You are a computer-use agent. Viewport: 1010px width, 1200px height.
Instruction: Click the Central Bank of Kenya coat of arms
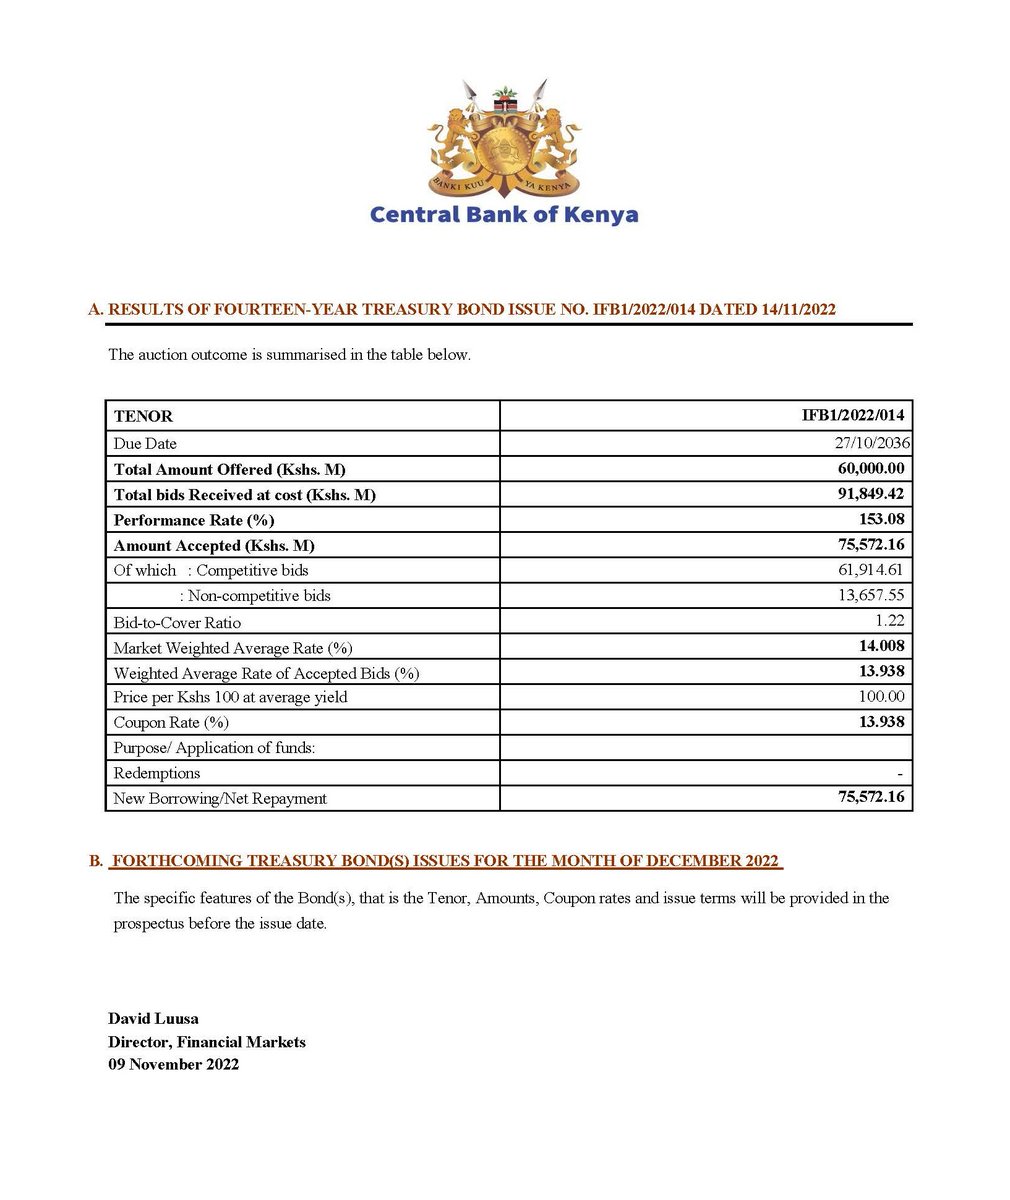click(504, 140)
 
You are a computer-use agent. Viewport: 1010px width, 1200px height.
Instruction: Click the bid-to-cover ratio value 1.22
click(890, 621)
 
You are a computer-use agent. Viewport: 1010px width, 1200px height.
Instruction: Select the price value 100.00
click(881, 696)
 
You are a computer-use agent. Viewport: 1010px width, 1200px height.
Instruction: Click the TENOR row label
click(143, 416)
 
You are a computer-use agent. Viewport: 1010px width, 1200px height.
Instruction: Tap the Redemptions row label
click(157, 773)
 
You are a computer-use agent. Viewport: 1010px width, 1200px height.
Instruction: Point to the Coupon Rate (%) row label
click(171, 722)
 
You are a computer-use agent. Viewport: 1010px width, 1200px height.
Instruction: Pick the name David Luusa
click(153, 1019)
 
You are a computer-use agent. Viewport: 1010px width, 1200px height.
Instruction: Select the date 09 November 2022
click(173, 1064)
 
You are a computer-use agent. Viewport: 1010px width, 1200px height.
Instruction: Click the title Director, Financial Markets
click(207, 1042)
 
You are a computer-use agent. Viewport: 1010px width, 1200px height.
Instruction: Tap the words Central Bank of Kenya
click(504, 214)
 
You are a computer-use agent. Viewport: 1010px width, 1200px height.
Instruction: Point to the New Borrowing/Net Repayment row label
click(220, 798)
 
